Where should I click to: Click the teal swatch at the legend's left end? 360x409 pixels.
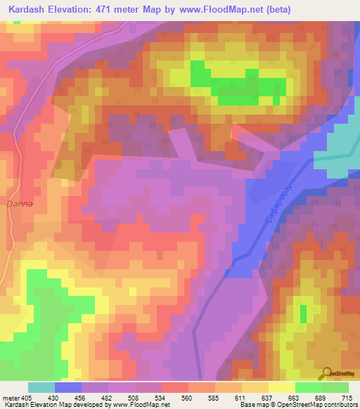tap(41, 387)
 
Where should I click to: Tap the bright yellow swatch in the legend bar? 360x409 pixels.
tap(282, 387)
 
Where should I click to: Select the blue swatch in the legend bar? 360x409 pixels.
tap(68, 387)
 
